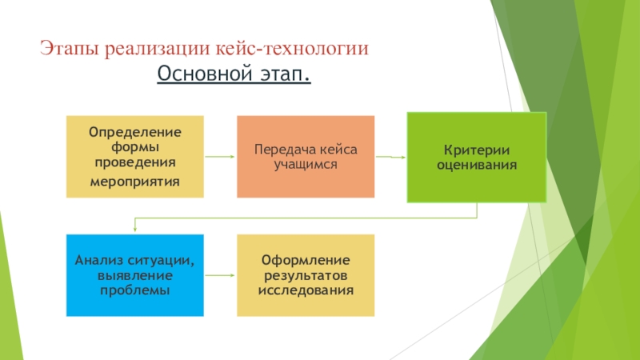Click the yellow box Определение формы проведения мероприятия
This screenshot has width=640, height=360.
tap(134, 157)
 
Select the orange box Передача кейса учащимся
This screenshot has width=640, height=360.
tap(305, 157)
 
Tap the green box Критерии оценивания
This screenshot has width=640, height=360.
tap(477, 157)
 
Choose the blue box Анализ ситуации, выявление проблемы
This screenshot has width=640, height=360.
tap(134, 274)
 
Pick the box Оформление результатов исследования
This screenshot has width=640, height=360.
tap(305, 274)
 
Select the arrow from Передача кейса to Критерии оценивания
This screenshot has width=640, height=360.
tap(390, 157)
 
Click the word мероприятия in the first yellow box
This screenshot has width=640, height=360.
tap(134, 181)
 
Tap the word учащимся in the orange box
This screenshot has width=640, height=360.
tap(305, 164)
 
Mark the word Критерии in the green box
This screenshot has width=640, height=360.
tap(477, 150)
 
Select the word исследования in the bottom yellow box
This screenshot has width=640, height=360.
tap(305, 288)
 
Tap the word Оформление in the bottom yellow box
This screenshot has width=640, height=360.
tap(305, 261)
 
